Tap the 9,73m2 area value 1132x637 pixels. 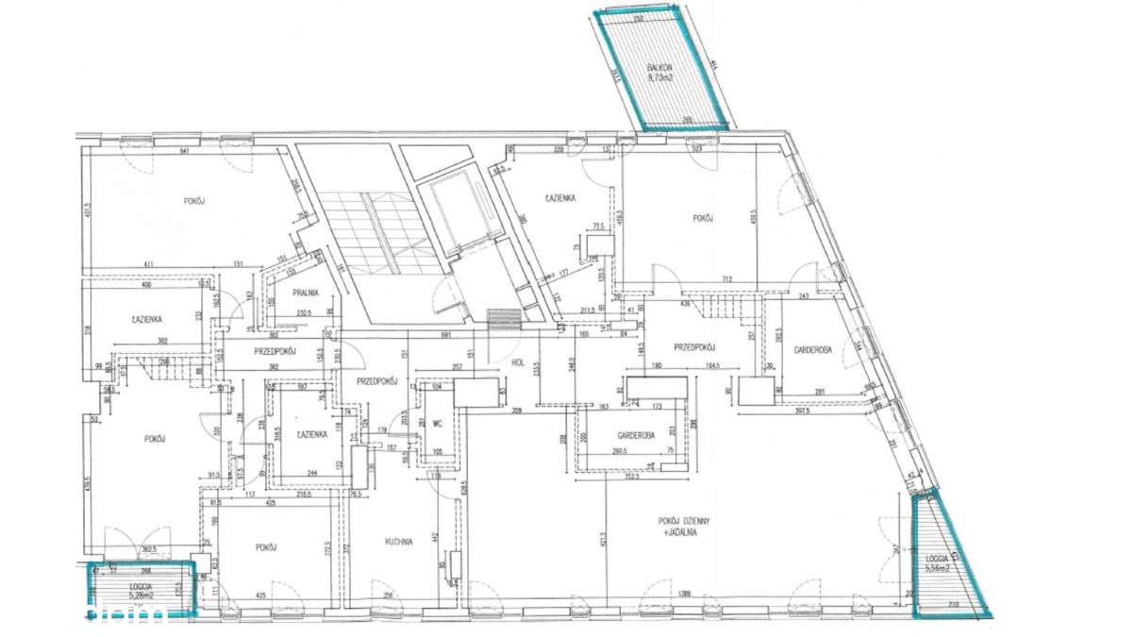click(x=662, y=79)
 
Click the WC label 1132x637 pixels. click(x=437, y=424)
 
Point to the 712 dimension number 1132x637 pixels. click(x=728, y=278)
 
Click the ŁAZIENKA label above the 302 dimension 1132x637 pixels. click(x=151, y=318)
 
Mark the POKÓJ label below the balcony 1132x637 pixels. click(x=701, y=218)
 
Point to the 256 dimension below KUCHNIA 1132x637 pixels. click(x=390, y=595)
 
